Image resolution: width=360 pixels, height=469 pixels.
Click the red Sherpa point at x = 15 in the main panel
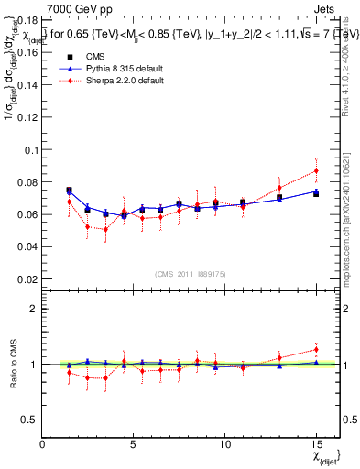pyautogui.click(x=316, y=170)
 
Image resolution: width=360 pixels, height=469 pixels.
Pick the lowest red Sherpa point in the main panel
pyautogui.click(x=105, y=229)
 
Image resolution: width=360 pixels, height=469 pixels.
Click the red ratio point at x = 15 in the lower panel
pyautogui.click(x=316, y=349)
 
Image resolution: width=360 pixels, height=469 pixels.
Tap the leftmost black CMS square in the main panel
pyautogui.click(x=69, y=191)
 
